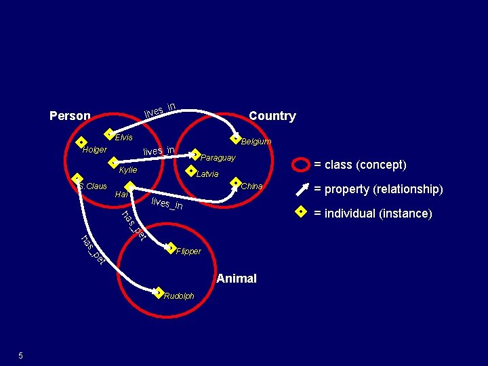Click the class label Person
pos(70,116)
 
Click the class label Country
pos(272,116)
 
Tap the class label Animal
pos(237,279)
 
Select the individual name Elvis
pos(123,138)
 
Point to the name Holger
pos(94,149)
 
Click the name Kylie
pos(127,169)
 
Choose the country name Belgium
pos(256,142)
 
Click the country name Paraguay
pos(218,158)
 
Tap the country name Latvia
pos(207,174)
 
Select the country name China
pos(251,186)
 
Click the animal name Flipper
pos(188,251)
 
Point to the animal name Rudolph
pos(179,296)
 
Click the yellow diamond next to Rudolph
pos(158,293)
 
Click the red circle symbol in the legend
pos(299,164)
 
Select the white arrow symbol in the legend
pos(300,189)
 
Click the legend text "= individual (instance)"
pos(372,213)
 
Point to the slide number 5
pos(21,356)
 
